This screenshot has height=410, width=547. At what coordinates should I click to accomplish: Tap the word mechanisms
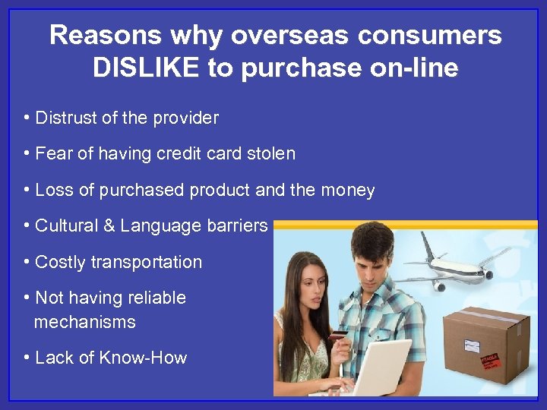84,322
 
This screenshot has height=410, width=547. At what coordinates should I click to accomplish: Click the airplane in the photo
457,270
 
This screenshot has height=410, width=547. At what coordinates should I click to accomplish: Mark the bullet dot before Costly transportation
27,263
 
